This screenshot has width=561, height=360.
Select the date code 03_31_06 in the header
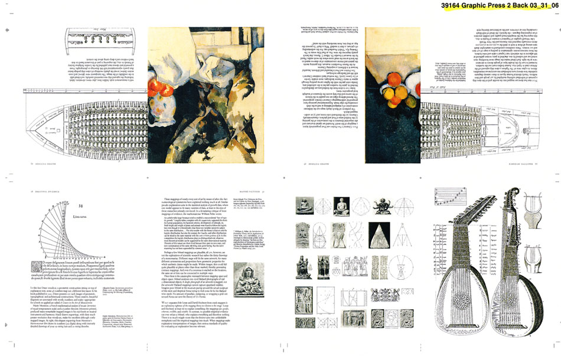pyautogui.click(x=543, y=6)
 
